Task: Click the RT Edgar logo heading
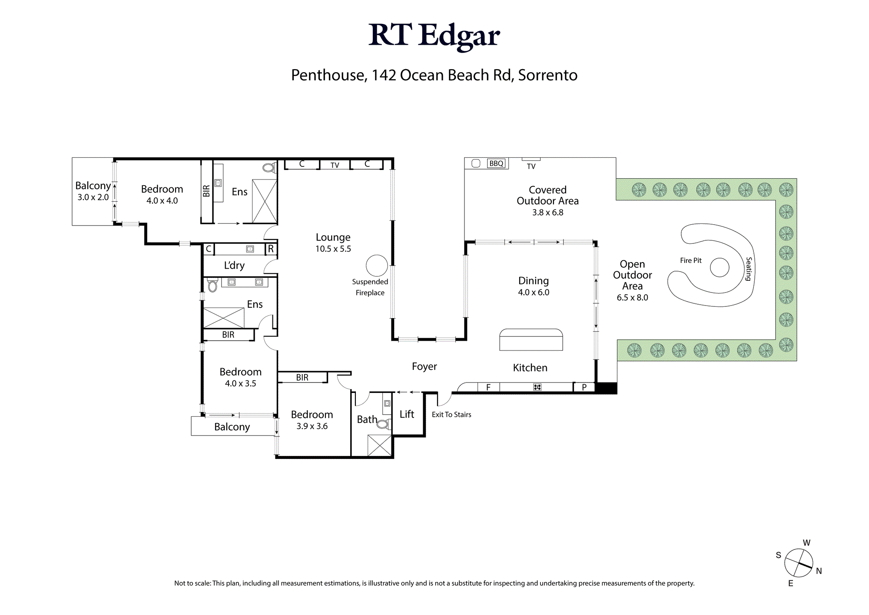434,36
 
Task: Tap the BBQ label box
496,163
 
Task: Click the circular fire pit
720,267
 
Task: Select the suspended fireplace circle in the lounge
377,266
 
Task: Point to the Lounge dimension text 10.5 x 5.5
333,249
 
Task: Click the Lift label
407,414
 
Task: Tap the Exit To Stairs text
451,415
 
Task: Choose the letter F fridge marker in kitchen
488,387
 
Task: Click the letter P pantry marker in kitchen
584,387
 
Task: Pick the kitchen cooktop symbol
537,387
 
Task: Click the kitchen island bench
531,339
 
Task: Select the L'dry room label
234,266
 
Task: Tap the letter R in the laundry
271,249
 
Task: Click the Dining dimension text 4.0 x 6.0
534,293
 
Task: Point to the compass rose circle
799,563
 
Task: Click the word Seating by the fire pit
749,269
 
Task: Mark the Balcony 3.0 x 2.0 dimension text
93,197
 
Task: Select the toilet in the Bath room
383,424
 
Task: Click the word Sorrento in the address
548,75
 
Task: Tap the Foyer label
425,367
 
